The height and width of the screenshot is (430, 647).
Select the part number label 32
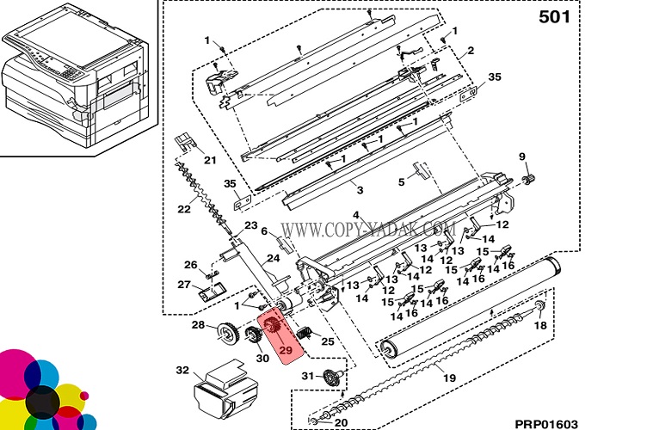click(182, 371)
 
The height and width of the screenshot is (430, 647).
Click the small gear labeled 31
click(330, 378)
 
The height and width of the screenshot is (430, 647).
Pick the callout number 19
click(448, 378)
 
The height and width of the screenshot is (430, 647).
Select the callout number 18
click(540, 327)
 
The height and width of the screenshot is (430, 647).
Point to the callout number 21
click(210, 159)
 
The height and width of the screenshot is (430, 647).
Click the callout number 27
click(184, 285)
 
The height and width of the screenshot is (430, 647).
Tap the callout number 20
click(341, 422)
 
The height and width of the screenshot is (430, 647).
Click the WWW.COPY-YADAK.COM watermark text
click(368, 230)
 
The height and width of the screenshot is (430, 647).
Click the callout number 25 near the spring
click(327, 342)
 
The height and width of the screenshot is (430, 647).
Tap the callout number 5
click(401, 181)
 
